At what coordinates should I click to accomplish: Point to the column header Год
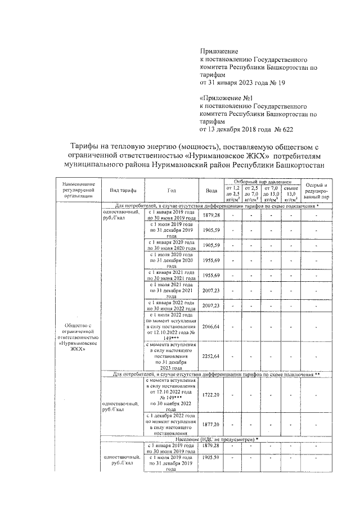(171, 190)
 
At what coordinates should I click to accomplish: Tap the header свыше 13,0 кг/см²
(290, 194)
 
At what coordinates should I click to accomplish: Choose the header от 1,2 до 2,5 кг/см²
(232, 194)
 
